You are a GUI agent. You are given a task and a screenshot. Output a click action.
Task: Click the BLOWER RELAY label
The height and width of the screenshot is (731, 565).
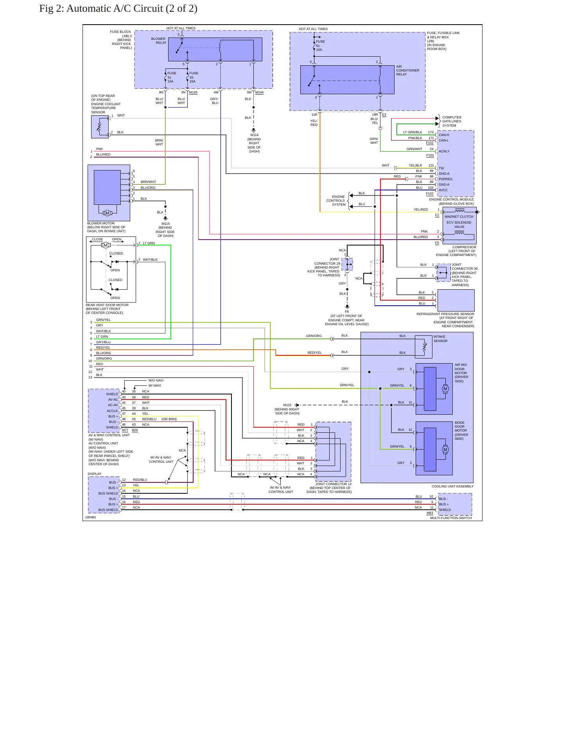(x=158, y=41)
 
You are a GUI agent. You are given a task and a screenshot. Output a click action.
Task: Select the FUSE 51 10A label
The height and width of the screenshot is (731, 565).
(x=320, y=46)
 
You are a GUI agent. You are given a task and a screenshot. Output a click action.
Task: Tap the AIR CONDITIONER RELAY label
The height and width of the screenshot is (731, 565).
(x=407, y=70)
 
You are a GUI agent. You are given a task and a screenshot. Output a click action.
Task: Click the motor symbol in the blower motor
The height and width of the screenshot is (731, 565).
(x=107, y=213)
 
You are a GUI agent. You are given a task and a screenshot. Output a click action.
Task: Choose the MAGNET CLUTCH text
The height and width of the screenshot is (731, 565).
(x=459, y=217)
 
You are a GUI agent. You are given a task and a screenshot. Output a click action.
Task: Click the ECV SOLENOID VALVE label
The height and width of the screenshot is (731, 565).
(x=459, y=224)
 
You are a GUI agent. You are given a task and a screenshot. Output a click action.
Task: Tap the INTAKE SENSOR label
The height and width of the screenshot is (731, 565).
(x=440, y=339)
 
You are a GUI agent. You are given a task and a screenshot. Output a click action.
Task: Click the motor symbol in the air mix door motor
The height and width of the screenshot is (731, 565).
(x=445, y=389)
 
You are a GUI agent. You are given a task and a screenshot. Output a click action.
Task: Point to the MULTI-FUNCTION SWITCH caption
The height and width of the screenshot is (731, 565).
(x=451, y=518)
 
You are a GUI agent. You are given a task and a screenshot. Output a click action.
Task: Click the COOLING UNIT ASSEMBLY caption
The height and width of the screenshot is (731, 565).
(x=452, y=486)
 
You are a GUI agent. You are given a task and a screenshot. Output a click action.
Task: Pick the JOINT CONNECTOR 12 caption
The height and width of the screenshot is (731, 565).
(x=333, y=484)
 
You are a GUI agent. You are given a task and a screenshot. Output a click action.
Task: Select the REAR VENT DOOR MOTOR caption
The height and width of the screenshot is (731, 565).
(x=107, y=305)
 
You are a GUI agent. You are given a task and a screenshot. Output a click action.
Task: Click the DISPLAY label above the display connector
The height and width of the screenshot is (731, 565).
(x=94, y=474)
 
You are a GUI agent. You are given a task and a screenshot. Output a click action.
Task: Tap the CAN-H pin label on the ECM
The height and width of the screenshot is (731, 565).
(x=444, y=135)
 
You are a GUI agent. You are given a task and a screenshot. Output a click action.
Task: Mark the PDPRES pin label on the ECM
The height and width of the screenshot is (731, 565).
(x=445, y=179)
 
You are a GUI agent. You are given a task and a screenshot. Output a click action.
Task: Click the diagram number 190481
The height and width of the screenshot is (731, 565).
(x=91, y=517)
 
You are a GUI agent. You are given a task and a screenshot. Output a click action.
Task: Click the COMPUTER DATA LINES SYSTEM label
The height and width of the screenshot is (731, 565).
(x=452, y=121)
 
